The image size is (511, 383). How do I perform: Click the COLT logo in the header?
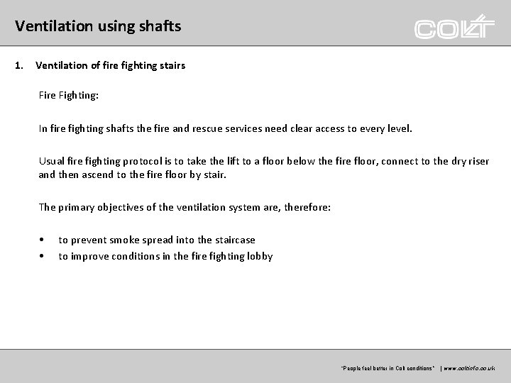point(454,28)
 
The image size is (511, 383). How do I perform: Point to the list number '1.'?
point(18,66)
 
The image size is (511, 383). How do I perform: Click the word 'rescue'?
point(258,129)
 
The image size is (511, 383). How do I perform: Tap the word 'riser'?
point(476,161)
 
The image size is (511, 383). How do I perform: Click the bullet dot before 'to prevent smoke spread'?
point(43,240)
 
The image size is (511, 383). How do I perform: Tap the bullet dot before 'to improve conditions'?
point(43,256)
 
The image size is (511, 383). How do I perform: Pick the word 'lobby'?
point(258,256)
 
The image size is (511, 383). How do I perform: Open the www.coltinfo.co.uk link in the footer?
point(469,369)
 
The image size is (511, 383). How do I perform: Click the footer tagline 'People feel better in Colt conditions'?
point(388,369)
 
